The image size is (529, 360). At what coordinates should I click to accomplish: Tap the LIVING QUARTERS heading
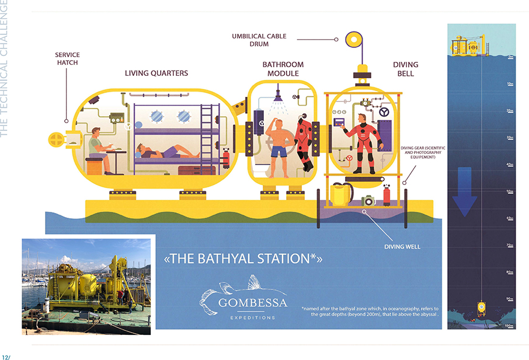[x=156, y=74]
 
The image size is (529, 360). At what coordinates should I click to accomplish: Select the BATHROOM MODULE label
[x=283, y=69]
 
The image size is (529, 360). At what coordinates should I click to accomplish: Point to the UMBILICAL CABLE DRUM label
[x=259, y=40]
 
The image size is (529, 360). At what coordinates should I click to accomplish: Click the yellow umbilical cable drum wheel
[x=354, y=40]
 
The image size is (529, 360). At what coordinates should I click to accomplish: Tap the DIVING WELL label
[x=402, y=247]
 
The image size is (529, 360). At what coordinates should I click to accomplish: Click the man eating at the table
[x=99, y=149]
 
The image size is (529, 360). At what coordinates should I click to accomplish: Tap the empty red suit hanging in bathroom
[x=304, y=142]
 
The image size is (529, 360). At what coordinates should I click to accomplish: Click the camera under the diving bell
[x=368, y=200]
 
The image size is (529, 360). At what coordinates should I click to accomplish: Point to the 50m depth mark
[x=510, y=191]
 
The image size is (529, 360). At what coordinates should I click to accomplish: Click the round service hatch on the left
[x=56, y=139]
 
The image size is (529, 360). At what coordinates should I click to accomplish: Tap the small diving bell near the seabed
[x=481, y=307]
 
